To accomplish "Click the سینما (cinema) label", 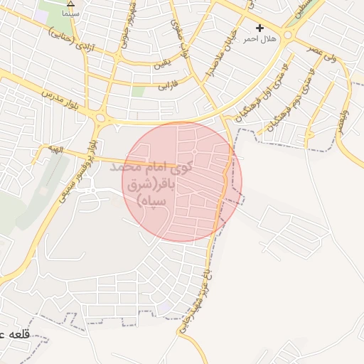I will (70, 13).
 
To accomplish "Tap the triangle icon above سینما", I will (70, 4).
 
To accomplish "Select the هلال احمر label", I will (260, 38).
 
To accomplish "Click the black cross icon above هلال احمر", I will (260, 28).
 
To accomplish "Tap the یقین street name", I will (162, 66).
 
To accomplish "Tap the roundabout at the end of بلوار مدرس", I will (101, 117).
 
